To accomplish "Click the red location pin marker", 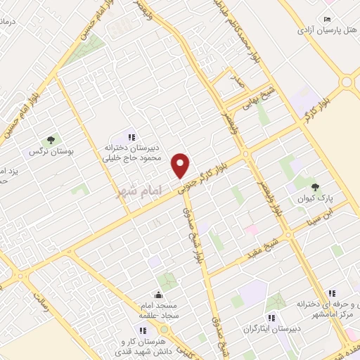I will pyautogui.click(x=181, y=165).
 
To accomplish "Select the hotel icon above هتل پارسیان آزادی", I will pyautogui.click(x=328, y=19).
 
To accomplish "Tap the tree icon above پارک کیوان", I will pyautogui.click(x=314, y=186).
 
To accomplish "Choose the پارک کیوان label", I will pyautogui.click(x=320, y=198).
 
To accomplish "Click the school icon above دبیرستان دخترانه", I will pyautogui.click(x=130, y=136).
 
